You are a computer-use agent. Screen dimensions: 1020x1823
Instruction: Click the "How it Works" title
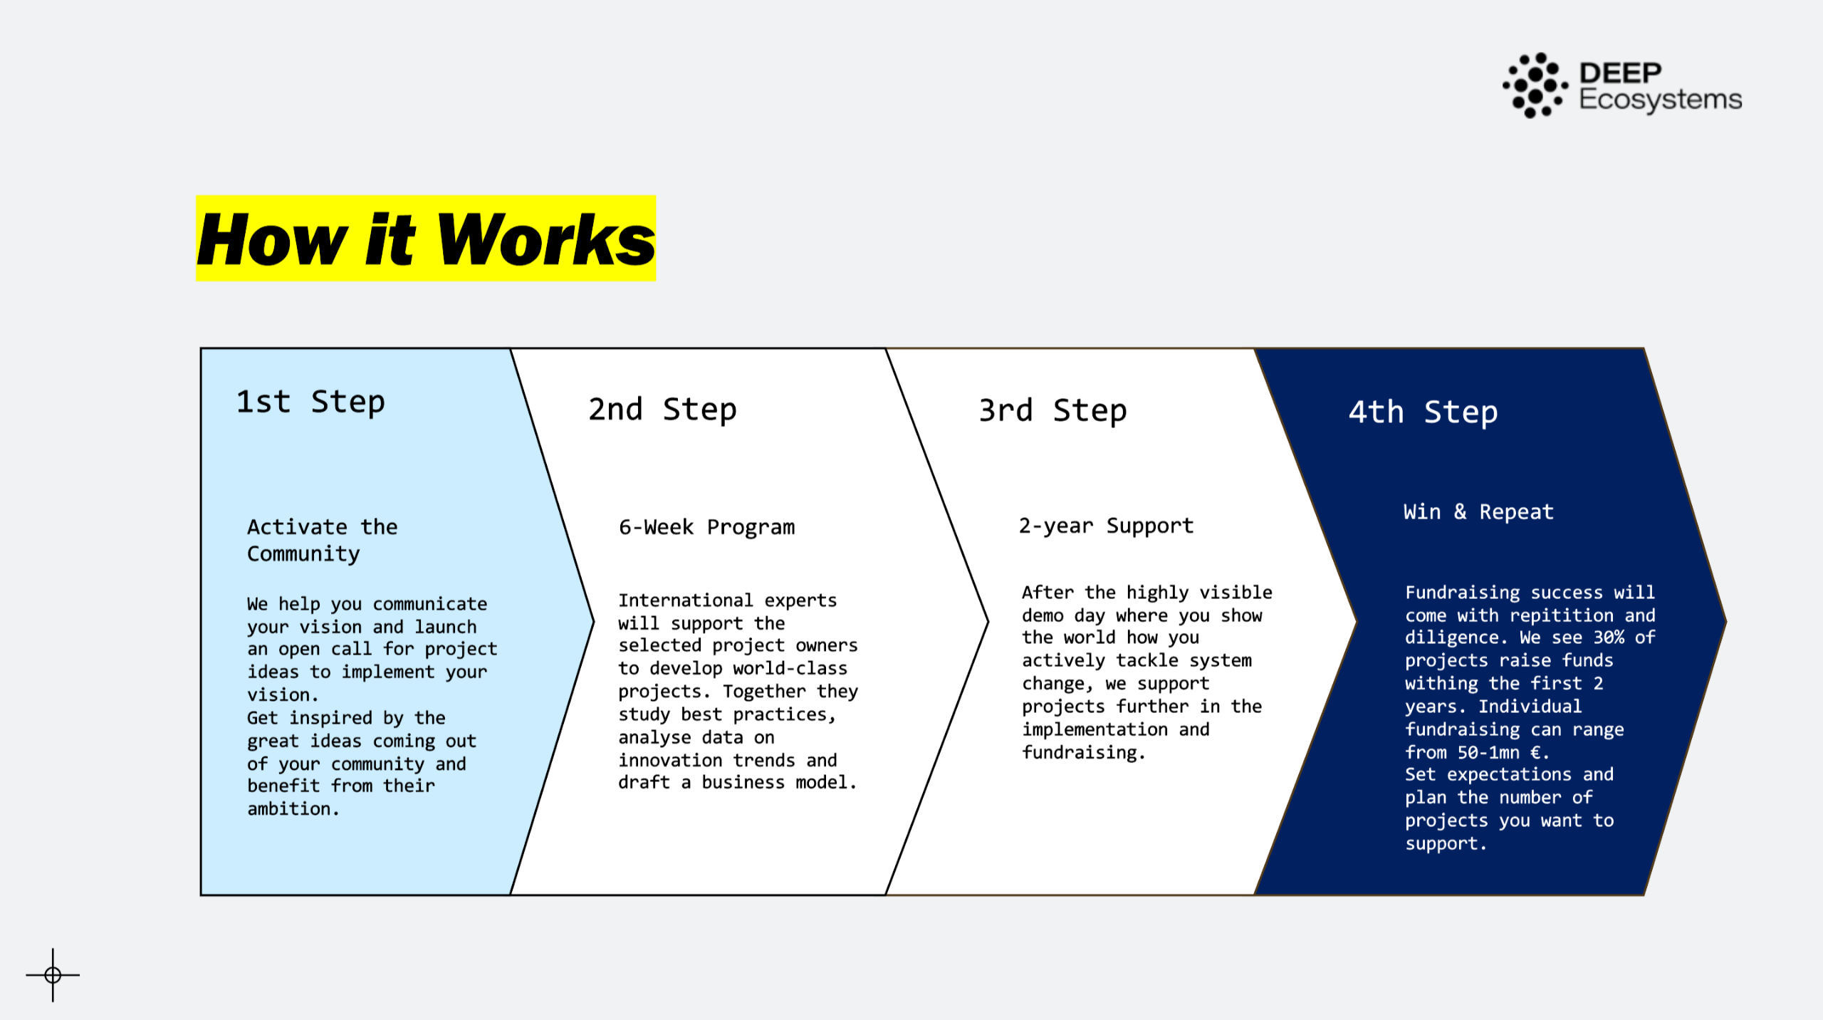(x=426, y=239)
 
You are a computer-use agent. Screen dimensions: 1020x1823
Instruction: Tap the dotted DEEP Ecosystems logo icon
(x=1535, y=85)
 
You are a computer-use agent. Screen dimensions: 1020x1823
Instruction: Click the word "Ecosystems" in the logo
(x=1660, y=100)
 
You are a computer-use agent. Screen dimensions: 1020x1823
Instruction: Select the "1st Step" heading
(x=310, y=402)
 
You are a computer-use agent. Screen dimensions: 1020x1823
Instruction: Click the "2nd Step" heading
(x=662, y=410)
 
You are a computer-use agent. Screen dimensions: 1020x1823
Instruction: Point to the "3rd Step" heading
(x=1052, y=411)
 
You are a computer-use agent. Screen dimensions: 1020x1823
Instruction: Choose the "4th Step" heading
(x=1423, y=412)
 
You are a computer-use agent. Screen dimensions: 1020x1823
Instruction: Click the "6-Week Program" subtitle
(x=706, y=527)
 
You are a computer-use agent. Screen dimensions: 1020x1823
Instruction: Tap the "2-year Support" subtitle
(x=1106, y=526)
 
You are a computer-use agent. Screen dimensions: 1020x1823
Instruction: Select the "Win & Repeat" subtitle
(x=1478, y=512)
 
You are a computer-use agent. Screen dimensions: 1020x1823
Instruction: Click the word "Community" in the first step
(x=303, y=554)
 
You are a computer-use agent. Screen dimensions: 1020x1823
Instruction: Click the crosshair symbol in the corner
(x=53, y=974)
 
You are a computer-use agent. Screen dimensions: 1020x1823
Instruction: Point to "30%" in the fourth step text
(x=1609, y=637)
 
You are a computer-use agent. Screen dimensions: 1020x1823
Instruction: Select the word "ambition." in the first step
(x=293, y=809)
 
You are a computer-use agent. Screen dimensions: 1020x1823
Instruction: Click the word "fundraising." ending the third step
(x=1083, y=752)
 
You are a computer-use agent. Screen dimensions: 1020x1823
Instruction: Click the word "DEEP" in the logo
(x=1620, y=73)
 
